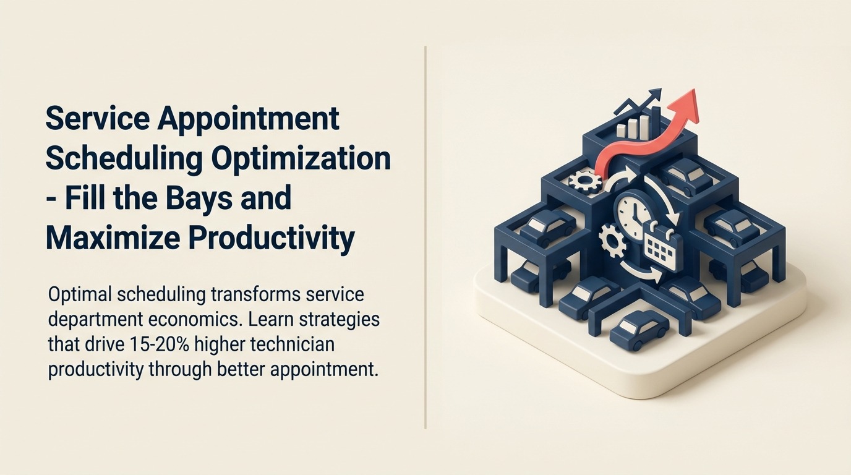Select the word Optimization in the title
tap(301, 158)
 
